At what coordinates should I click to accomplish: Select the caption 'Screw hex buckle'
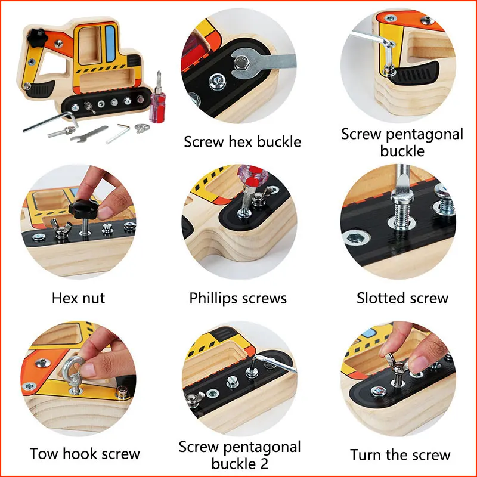point(242,142)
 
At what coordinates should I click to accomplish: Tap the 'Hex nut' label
point(79,298)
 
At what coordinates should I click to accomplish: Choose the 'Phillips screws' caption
point(238,298)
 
